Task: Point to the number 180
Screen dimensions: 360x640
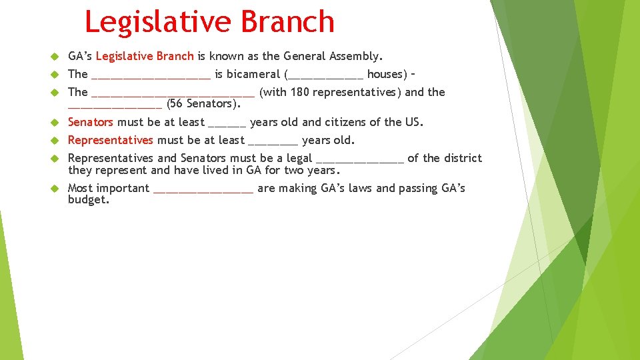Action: point(299,92)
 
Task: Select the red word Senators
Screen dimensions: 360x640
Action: point(91,122)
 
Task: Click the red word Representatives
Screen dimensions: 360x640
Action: point(111,140)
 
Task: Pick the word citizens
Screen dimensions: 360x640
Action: point(347,122)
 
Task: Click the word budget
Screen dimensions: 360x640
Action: point(87,200)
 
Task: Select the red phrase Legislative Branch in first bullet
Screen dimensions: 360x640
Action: point(145,56)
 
